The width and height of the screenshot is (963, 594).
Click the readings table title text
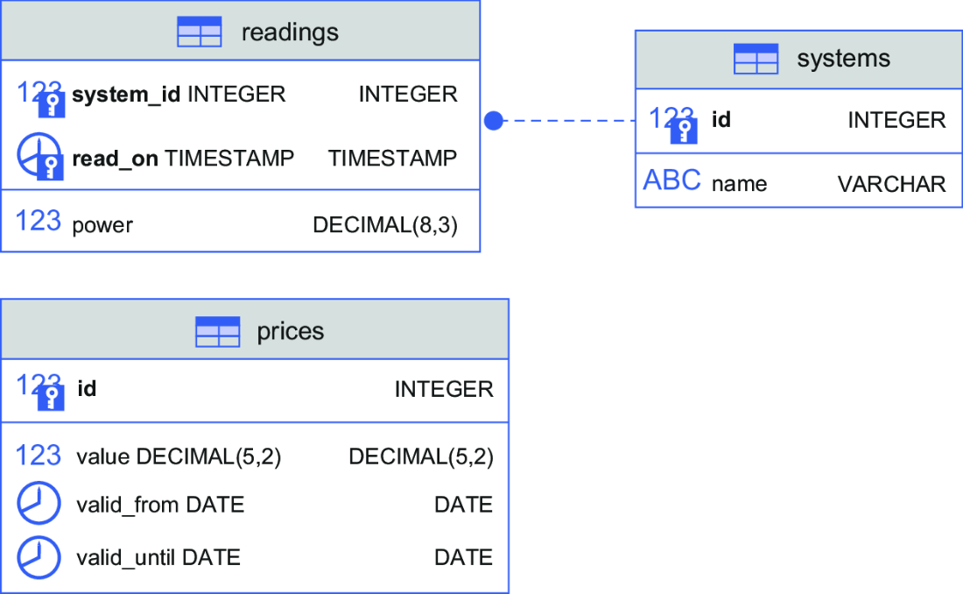tap(290, 32)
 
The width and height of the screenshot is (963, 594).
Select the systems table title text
tap(843, 59)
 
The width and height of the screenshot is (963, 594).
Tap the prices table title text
tap(291, 331)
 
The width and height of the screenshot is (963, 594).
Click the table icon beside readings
tap(199, 32)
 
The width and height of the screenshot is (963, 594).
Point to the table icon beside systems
tap(756, 59)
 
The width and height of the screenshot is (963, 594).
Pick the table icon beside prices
tap(217, 332)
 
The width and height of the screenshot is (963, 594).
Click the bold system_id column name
tap(126, 95)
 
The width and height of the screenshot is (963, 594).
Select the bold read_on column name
tap(115, 159)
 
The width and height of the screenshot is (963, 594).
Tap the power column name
tap(102, 225)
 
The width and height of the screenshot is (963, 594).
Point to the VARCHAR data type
tap(891, 184)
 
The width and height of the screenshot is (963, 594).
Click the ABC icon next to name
tap(671, 180)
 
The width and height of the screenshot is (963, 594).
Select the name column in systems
tap(739, 184)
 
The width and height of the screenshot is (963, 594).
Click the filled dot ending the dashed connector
tap(493, 121)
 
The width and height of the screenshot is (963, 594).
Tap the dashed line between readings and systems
tap(569, 121)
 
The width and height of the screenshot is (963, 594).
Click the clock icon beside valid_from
tap(39, 503)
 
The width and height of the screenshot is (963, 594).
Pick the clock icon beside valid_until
tap(39, 558)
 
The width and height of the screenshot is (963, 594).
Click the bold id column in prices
tap(87, 389)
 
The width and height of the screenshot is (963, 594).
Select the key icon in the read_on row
tap(51, 166)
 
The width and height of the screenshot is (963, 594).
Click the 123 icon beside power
tap(38, 221)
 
